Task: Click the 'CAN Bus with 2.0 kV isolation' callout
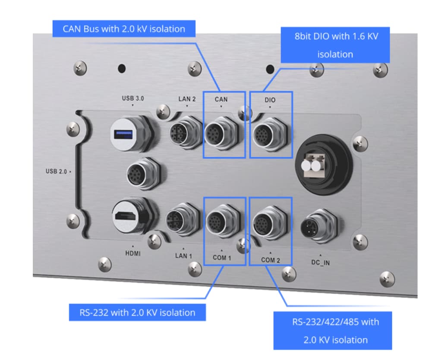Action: point(124,29)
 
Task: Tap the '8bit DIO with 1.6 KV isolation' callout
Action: point(335,45)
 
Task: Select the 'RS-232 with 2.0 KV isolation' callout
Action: point(137,313)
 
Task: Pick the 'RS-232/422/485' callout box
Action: point(333,330)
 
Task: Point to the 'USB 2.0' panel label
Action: point(57,172)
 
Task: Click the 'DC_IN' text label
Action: point(320,262)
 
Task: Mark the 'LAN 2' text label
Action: point(187,99)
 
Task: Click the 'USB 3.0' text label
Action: point(133,98)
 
